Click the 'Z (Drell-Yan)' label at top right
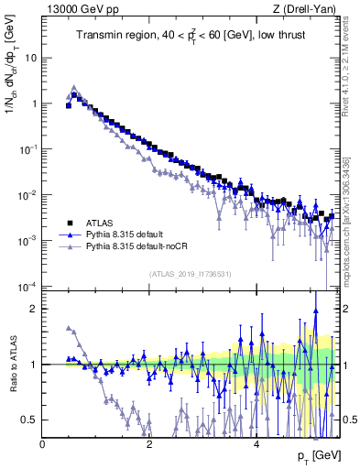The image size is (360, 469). click(x=310, y=10)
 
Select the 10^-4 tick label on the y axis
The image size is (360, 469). click(x=28, y=287)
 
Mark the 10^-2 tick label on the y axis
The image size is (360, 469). click(x=28, y=195)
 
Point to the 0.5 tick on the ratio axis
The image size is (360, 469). click(x=30, y=420)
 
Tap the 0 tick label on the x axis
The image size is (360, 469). click(x=42, y=444)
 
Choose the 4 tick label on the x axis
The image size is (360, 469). click(x=256, y=444)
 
